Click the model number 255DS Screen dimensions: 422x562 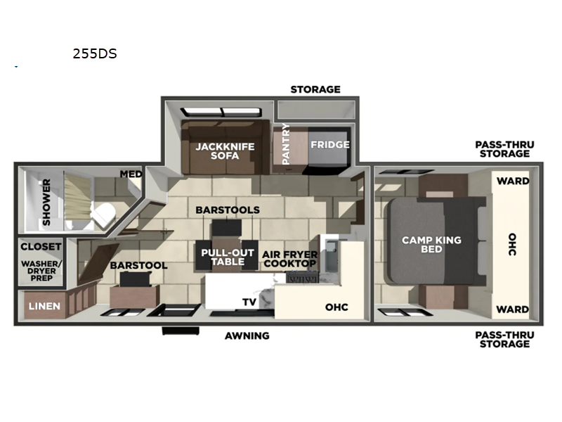point(94,53)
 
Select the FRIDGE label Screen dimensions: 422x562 point(330,145)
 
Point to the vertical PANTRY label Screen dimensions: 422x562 point(285,143)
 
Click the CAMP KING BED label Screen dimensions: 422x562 point(431,245)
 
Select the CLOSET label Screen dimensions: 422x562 point(40,247)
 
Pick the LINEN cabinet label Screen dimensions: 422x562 point(44,307)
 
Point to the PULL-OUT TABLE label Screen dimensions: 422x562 point(223,257)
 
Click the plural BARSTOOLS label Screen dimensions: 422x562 point(228,210)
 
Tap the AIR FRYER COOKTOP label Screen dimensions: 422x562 point(290,259)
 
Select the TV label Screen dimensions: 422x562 point(249,302)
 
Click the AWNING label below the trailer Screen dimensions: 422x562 point(247,335)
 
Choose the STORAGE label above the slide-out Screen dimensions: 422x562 point(315,89)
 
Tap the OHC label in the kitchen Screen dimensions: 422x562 point(336,307)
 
